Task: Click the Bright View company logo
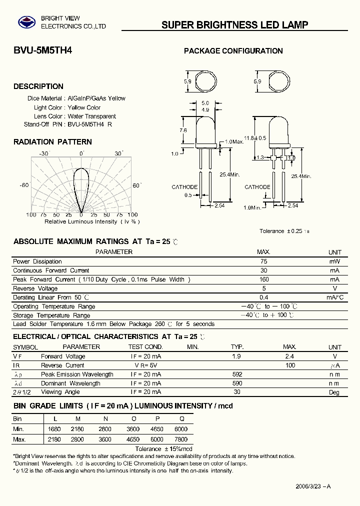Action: pyautogui.click(x=24, y=21)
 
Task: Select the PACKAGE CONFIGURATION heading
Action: pyautogui.click(x=233, y=51)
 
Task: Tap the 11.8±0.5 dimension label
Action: pyautogui.click(x=254, y=138)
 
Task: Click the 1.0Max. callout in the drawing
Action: pyautogui.click(x=234, y=142)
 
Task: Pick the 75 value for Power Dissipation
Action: pyautogui.click(x=263, y=261)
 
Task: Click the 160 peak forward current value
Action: pyautogui.click(x=263, y=279)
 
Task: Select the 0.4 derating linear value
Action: pyautogui.click(x=263, y=297)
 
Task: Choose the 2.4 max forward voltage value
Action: pyautogui.click(x=289, y=356)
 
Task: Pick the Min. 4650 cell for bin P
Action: pyautogui.click(x=156, y=429)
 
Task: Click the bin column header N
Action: pyautogui.click(x=105, y=419)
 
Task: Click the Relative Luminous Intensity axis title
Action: pyautogui.click(x=92, y=221)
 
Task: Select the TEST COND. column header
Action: pyautogui.click(x=145, y=347)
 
